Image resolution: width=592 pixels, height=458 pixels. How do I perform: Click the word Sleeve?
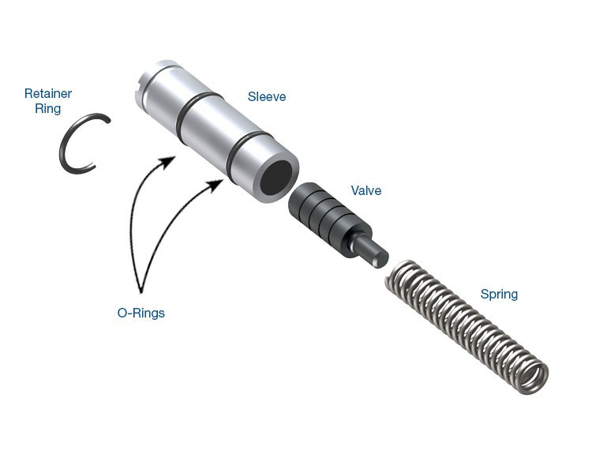coord(267,97)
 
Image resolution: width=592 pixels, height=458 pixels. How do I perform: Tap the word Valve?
coord(366,191)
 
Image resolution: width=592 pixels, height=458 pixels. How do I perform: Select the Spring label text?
coord(499,295)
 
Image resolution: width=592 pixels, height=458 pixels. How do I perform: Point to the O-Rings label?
coord(141,313)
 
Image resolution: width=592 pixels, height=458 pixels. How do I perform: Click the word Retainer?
coord(47,94)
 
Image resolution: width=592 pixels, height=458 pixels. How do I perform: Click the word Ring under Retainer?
coord(47,109)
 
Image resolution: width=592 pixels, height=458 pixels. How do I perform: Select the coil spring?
coord(466,320)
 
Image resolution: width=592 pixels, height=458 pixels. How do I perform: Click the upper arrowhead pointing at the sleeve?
coord(168,163)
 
